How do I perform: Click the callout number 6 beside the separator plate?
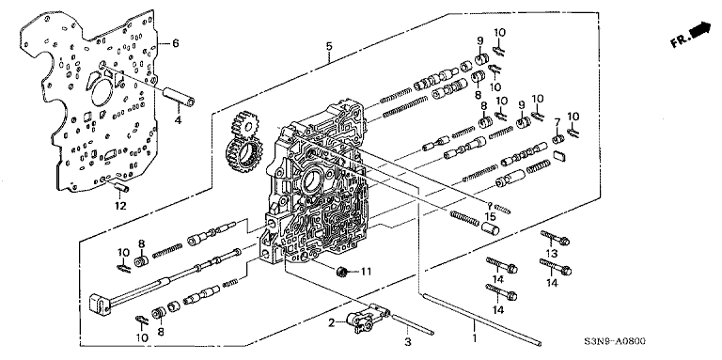[x=176, y=44]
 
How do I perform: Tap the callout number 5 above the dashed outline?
[x=329, y=46]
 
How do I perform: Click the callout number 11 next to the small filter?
[x=365, y=272]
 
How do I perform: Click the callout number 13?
[x=552, y=253]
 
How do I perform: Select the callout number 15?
[x=490, y=216]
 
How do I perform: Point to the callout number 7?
[x=557, y=122]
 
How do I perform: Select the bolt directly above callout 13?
[x=555, y=238]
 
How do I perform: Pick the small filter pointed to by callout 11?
[x=341, y=272]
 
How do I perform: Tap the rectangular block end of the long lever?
[x=101, y=305]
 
